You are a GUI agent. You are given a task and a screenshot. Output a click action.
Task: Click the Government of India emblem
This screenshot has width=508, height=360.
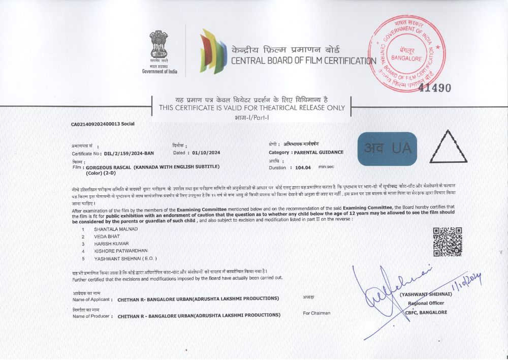coord(158,45)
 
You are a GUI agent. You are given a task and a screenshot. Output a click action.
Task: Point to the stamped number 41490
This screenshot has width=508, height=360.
coord(435,88)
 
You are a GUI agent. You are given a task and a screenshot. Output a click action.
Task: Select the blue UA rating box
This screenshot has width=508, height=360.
coord(387,148)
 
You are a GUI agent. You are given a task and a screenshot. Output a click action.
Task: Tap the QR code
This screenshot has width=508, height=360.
coord(447,242)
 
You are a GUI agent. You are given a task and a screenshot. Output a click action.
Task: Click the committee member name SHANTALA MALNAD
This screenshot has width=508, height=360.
coord(116,229)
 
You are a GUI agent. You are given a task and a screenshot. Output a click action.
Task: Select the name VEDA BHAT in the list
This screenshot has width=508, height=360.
coord(107,236)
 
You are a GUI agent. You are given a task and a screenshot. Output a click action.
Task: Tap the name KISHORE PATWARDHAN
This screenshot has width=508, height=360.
coord(121,251)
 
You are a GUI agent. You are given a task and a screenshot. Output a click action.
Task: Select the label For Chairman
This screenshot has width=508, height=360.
coord(316,313)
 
